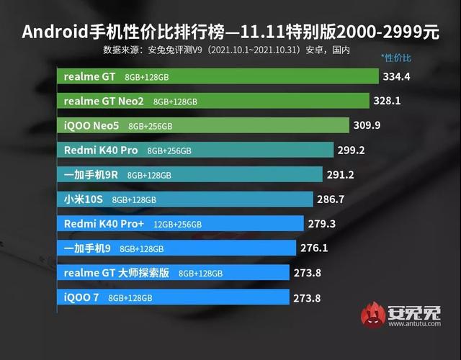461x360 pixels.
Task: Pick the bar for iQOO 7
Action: (x=173, y=297)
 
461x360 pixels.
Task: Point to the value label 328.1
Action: (x=395, y=101)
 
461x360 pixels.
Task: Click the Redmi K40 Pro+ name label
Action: (x=104, y=223)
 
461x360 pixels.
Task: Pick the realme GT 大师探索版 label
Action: (x=116, y=272)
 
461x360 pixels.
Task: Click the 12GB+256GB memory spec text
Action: (x=176, y=224)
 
